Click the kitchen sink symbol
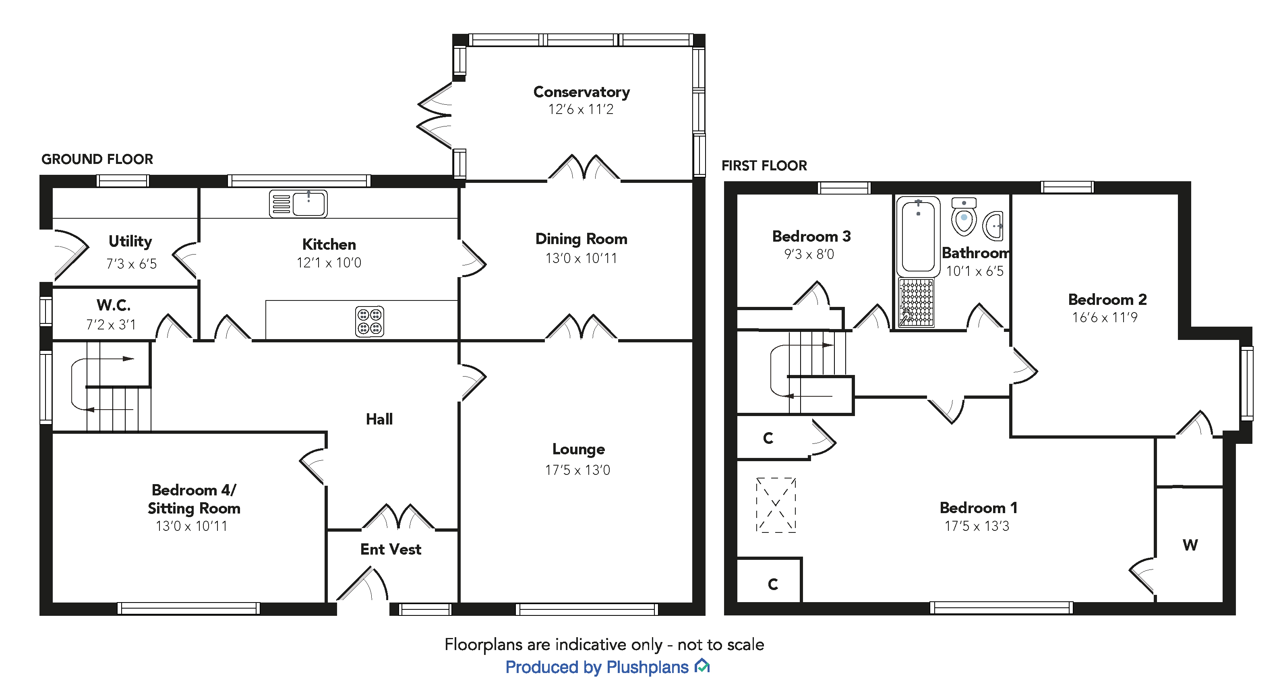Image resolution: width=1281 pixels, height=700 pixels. pyautogui.click(x=298, y=203)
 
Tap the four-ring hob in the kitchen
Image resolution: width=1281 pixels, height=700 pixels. pyautogui.click(x=370, y=321)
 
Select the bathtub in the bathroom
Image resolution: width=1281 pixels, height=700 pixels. pyautogui.click(x=918, y=237)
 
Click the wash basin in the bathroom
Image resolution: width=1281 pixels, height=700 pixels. pyautogui.click(x=993, y=226)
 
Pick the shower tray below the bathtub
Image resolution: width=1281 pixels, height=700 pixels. pyautogui.click(x=917, y=302)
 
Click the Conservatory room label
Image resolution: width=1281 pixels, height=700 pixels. pyautogui.click(x=582, y=92)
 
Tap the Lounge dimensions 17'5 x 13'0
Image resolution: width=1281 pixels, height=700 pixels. pyautogui.click(x=577, y=470)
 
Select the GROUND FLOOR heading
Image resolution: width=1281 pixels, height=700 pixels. pyautogui.click(x=97, y=159)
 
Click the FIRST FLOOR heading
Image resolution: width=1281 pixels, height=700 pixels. pyautogui.click(x=764, y=166)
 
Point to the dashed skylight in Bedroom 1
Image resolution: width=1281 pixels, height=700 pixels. pyautogui.click(x=776, y=505)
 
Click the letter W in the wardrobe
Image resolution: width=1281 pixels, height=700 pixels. pyautogui.click(x=1190, y=545)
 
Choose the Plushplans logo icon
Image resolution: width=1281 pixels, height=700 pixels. pyautogui.click(x=702, y=666)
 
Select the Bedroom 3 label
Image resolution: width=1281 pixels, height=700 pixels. pyautogui.click(x=811, y=236)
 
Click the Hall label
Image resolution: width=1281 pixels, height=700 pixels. pyautogui.click(x=379, y=419)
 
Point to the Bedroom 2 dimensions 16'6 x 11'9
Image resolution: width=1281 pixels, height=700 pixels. pyautogui.click(x=1105, y=317)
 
